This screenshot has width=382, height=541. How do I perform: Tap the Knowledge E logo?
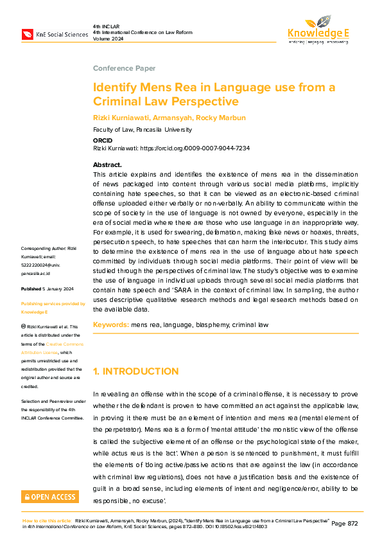317,29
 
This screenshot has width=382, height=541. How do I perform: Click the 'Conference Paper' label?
119,67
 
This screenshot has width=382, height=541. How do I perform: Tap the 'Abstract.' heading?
107,165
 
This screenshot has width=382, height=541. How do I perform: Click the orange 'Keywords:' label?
110,325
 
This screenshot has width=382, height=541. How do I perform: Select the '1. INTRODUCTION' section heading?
135,371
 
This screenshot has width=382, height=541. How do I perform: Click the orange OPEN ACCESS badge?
50,497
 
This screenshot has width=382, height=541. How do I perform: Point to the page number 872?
345,524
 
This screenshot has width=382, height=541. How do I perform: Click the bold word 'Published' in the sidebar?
31,289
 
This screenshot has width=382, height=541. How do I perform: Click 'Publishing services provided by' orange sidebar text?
53,303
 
